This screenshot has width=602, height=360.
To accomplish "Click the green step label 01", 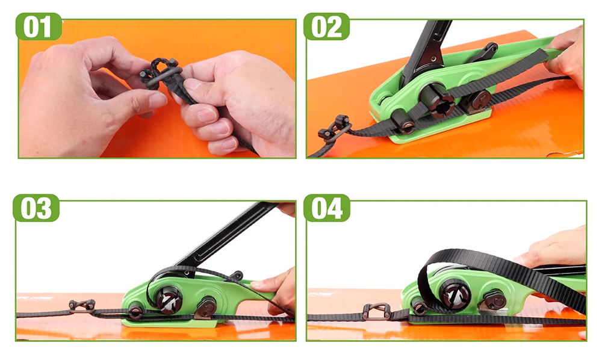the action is [x=39, y=26].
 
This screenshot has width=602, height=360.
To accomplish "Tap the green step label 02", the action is [x=326, y=26].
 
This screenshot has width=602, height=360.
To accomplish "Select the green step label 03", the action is [x=36, y=208].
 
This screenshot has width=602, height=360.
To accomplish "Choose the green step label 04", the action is [x=327, y=208].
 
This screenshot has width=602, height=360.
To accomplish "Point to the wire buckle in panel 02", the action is [x=334, y=128].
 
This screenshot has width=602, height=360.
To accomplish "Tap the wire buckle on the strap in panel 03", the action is [x=82, y=306].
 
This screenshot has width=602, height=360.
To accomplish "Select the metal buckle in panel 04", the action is [x=377, y=311].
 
